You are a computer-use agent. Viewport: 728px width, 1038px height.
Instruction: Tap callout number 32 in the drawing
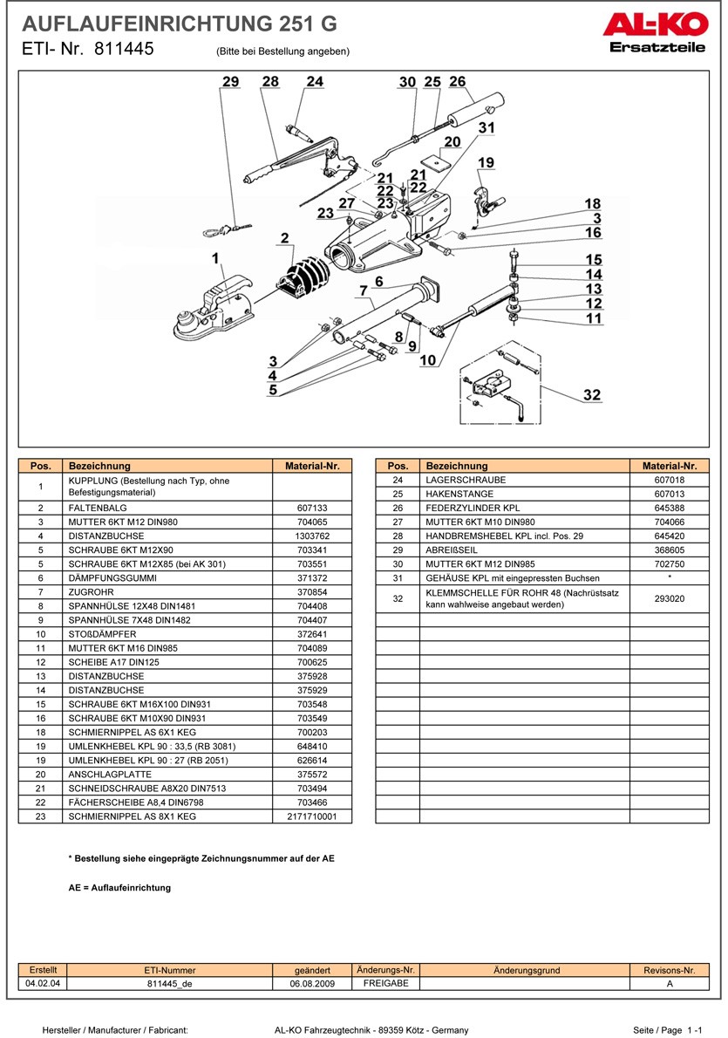(x=592, y=395)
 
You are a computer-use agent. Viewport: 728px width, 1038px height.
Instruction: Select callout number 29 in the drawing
(x=230, y=82)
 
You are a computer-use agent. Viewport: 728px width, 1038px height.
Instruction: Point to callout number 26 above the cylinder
(x=458, y=82)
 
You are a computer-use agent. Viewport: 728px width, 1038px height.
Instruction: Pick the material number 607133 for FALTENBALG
(x=311, y=507)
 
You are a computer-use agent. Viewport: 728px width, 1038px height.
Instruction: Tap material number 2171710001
(x=311, y=817)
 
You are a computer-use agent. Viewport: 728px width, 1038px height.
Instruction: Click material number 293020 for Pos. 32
(x=669, y=599)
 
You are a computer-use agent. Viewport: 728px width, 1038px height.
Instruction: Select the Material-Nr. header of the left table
(x=311, y=466)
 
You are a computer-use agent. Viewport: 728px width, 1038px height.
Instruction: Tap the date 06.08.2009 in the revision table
(x=312, y=983)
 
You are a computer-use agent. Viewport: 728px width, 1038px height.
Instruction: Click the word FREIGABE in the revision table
(x=384, y=983)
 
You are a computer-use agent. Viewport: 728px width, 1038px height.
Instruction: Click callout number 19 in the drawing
(x=486, y=162)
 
